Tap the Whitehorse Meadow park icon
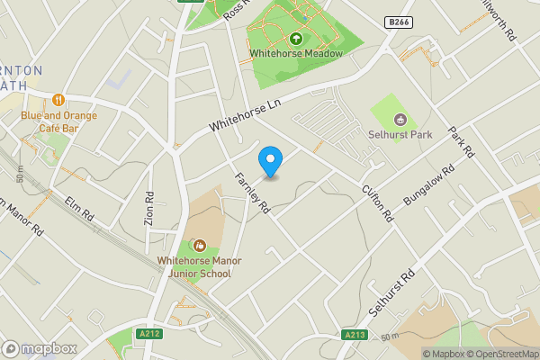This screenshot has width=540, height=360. (297, 38)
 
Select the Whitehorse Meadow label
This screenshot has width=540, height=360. (297, 54)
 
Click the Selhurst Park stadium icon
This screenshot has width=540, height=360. (400, 119)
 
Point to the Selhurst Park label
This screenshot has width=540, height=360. (400, 135)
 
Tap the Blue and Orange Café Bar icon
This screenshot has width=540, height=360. (58, 100)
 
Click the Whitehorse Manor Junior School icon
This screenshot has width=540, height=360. (199, 245)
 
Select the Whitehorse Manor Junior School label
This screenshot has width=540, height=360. (199, 265)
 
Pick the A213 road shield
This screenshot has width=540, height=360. (355, 334)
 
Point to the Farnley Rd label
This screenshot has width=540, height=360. (253, 192)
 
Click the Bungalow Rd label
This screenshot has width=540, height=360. (429, 186)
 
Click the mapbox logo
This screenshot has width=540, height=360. (39, 348)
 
